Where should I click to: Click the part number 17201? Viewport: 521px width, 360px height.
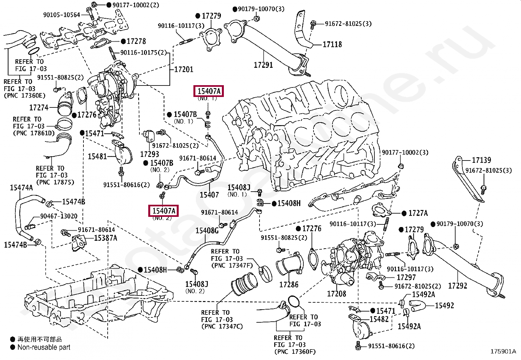184,69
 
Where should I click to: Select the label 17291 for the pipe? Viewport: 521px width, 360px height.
263,65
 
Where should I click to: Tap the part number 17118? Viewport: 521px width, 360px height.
332,44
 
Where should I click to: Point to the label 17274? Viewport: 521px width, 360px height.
39,107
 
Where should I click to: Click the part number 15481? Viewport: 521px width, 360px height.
97,157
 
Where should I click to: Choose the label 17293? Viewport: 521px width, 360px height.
150,154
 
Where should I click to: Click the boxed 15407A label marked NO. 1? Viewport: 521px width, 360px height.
209,91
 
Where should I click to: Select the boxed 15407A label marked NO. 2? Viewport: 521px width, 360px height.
164,211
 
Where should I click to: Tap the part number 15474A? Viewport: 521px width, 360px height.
21,188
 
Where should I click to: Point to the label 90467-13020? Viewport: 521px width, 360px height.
59,216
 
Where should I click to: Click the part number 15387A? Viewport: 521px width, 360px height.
106,238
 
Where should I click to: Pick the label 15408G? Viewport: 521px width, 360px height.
207,231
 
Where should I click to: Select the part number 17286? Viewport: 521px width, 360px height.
289,285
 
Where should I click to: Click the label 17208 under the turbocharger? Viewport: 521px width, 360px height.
336,294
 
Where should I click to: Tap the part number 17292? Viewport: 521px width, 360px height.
458,286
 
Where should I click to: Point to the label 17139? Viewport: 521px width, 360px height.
481,160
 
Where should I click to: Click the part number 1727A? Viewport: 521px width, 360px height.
418,213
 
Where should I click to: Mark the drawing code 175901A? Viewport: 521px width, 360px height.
503,351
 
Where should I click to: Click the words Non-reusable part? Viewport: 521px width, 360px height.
44,348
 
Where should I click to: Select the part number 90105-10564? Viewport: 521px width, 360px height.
62,15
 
